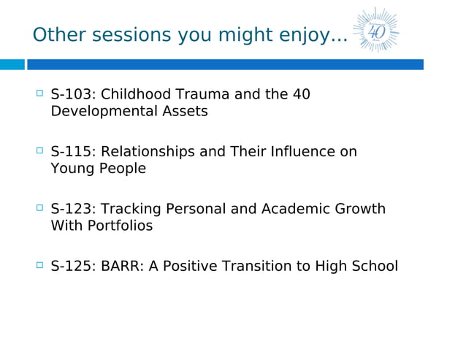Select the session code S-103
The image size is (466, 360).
click(71, 95)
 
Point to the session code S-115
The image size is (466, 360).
click(71, 152)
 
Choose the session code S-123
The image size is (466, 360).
click(71, 210)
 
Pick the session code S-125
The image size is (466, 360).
click(71, 267)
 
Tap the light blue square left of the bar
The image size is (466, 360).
click(12, 65)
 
